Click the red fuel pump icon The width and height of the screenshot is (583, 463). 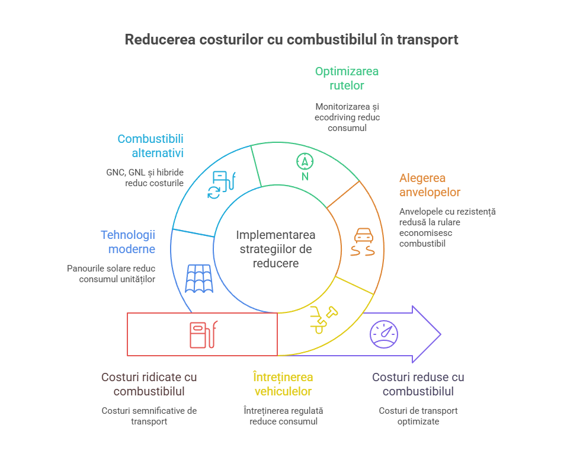203,334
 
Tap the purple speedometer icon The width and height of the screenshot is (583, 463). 384,334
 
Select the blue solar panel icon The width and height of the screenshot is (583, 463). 199,279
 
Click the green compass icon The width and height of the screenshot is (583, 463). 305,167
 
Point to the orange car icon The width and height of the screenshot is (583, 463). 363,242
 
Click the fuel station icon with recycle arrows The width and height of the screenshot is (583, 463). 222,185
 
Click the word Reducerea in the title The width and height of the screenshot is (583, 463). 160,39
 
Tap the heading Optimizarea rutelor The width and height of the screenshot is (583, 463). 347,78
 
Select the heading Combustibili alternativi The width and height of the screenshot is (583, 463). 150,146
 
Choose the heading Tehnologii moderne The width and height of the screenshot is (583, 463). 128,242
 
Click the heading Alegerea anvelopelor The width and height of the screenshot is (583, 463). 430,185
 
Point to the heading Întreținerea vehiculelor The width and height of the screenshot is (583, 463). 283,384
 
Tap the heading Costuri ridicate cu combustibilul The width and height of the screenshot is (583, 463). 149,384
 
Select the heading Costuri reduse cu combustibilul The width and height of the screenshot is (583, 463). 418,384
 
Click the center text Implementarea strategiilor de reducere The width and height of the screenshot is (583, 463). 276,249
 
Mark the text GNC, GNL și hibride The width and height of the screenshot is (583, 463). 145,173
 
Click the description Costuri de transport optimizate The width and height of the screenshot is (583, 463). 418,416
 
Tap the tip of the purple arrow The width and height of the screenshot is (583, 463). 441,334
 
